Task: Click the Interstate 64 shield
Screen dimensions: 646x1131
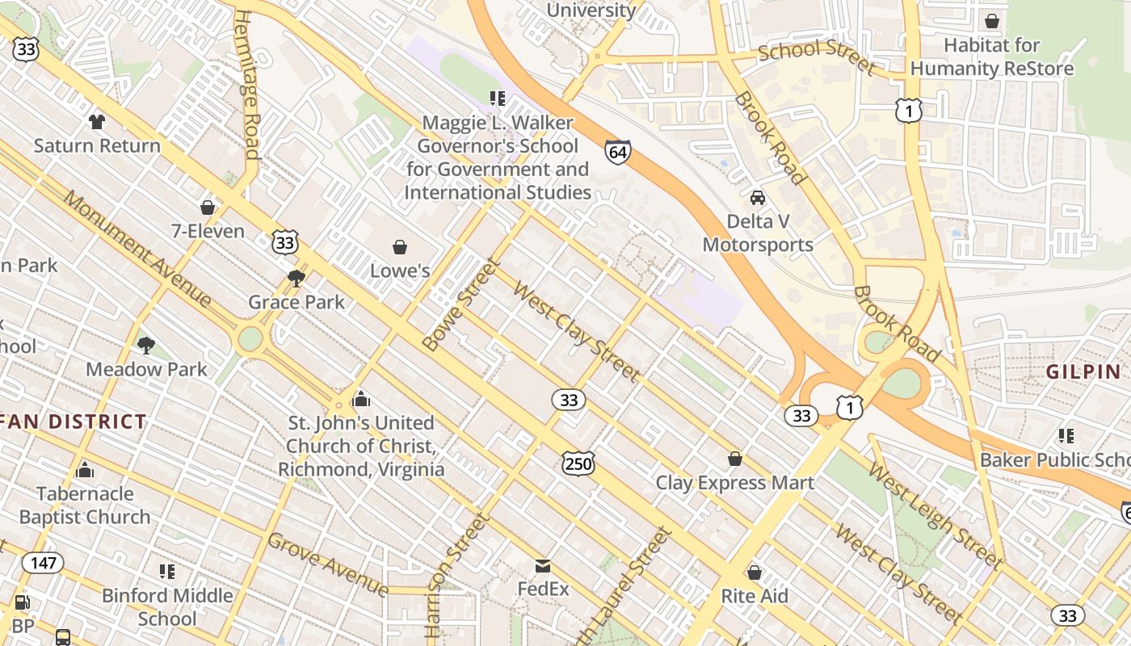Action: click(x=617, y=151)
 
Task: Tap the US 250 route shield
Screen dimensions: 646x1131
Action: click(x=578, y=463)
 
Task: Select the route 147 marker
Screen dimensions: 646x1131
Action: click(x=42, y=562)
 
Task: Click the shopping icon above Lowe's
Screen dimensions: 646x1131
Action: click(x=399, y=247)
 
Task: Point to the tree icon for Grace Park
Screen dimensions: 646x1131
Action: click(x=296, y=279)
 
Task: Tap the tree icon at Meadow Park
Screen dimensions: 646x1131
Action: click(x=146, y=346)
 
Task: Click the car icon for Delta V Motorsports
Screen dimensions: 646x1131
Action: click(x=758, y=198)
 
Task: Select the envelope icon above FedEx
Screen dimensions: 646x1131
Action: click(x=543, y=566)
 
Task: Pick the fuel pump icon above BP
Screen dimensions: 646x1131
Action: click(x=23, y=602)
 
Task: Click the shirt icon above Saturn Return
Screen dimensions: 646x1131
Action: click(x=97, y=122)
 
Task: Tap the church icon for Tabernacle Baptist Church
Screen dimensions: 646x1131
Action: click(x=85, y=470)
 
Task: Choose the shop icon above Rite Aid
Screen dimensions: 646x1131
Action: click(x=755, y=573)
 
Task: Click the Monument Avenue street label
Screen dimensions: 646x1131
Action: click(x=137, y=250)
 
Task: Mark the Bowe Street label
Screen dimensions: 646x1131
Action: click(x=461, y=304)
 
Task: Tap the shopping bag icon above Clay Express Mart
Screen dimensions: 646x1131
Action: click(x=735, y=459)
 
